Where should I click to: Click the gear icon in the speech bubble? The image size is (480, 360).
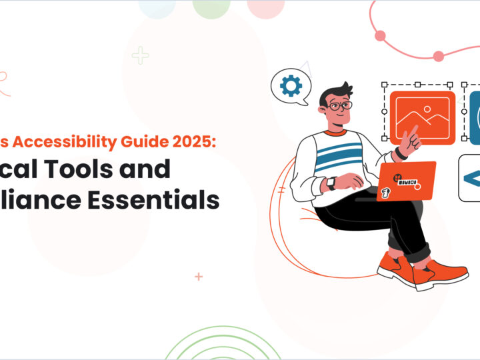[291, 86]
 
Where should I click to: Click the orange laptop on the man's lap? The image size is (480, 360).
[406, 181]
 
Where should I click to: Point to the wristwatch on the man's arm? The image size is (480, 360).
[332, 183]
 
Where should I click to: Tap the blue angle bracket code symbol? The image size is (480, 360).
[471, 178]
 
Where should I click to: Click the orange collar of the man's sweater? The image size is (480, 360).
[337, 131]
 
